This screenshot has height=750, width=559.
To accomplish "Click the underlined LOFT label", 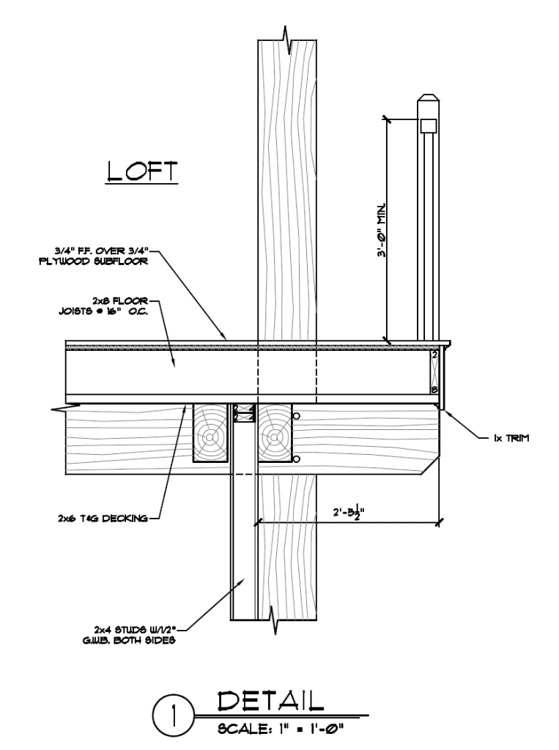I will pyautogui.click(x=141, y=171).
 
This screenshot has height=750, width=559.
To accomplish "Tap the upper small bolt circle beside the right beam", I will pyautogui.click(x=296, y=417).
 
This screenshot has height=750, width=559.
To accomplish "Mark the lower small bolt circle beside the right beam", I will pyautogui.click(x=296, y=459).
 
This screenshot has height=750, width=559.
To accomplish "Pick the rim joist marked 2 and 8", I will pyautogui.click(x=434, y=372).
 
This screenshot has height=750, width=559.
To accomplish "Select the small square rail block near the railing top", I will pyautogui.click(x=427, y=125).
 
